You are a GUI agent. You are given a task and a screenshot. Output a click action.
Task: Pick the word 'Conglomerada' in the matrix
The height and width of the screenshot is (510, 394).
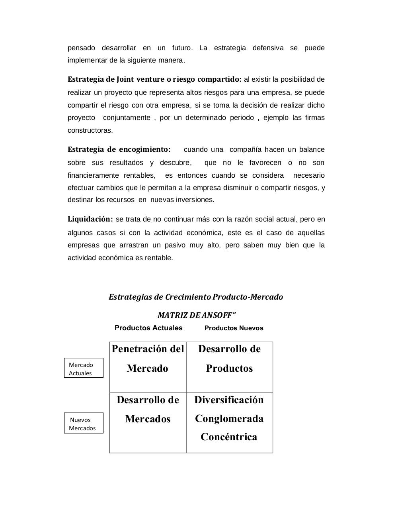229,419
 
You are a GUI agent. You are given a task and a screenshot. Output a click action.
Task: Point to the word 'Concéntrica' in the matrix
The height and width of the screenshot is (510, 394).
229,437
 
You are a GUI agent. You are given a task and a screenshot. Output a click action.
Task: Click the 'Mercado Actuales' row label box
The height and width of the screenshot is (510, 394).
84,368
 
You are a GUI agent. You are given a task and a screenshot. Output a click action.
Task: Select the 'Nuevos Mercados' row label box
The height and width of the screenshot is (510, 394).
84,423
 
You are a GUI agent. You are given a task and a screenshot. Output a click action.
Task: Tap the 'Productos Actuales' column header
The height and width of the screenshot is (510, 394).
148,328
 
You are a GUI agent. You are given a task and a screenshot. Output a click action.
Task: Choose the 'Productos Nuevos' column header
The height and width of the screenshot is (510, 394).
234,328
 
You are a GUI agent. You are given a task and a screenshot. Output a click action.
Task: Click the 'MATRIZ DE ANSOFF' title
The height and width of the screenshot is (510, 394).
197,315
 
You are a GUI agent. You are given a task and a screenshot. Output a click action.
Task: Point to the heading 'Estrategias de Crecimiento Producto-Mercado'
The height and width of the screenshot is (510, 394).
196,297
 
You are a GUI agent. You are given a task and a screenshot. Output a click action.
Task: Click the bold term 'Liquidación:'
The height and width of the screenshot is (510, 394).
90,219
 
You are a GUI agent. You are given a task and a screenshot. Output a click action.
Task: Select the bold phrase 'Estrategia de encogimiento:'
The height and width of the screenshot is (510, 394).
119,150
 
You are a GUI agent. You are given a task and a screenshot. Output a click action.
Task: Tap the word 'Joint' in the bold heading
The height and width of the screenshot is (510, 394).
125,79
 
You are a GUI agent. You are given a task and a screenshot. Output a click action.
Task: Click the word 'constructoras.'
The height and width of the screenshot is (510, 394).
90,130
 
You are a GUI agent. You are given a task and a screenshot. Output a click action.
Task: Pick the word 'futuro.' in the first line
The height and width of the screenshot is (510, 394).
182,48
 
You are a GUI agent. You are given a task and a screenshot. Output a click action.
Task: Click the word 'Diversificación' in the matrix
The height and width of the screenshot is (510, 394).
229,400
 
